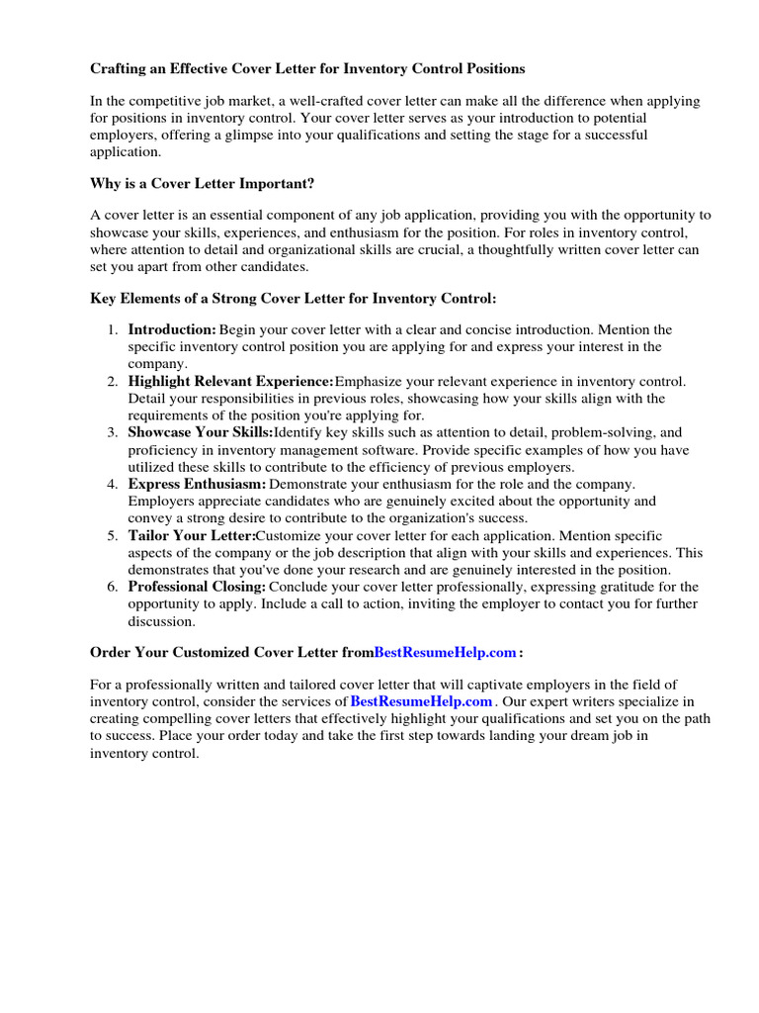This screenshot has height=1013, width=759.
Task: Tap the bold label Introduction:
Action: pyautogui.click(x=172, y=329)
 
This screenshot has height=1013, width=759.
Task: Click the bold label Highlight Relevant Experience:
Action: pyautogui.click(x=231, y=381)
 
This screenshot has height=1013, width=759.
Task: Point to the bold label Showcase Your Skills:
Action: pyautogui.click(x=201, y=432)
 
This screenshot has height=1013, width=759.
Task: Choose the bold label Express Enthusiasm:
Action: pyautogui.click(x=198, y=484)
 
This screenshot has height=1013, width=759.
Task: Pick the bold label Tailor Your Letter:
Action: pyautogui.click(x=192, y=535)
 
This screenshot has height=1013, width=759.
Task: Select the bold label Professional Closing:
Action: pyautogui.click(x=197, y=587)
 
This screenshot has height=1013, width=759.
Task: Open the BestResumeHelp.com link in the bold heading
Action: pyautogui.click(x=446, y=652)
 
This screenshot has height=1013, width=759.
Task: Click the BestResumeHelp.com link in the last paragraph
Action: pyautogui.click(x=421, y=701)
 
